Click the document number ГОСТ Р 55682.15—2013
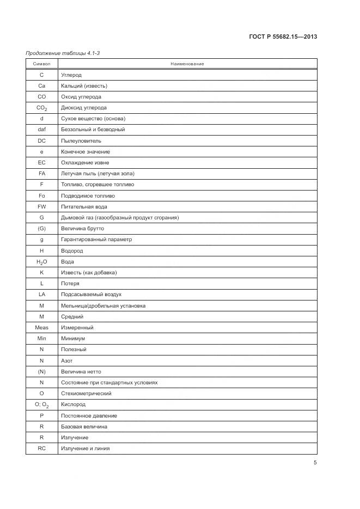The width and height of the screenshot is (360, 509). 283,37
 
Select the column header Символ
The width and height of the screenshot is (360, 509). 41,64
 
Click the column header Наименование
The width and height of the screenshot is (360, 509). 187,64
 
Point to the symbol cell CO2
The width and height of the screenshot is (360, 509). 42,108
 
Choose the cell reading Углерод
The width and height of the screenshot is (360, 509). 71,75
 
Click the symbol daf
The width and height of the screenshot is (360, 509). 42,130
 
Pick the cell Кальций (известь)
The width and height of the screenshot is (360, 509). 84,85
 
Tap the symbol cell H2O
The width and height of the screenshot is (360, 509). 42,262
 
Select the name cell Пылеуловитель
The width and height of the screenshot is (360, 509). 81,140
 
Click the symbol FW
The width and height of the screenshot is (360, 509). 42,206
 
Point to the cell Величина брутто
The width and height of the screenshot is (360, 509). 82,229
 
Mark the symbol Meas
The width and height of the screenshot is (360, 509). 42,328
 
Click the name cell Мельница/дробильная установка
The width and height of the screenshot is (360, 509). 103,305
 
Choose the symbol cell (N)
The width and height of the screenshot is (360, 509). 42,371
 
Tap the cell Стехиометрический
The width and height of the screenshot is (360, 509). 86,394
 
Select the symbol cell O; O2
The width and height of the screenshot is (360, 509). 42,405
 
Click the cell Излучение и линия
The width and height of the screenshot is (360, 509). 86,449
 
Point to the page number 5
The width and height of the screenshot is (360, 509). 315,463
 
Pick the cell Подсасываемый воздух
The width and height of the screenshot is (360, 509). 91,295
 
